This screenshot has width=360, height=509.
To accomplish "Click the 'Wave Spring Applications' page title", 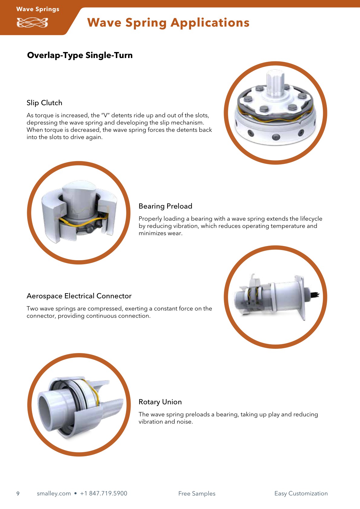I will (x=168, y=23).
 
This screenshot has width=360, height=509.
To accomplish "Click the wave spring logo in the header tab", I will (x=32, y=23).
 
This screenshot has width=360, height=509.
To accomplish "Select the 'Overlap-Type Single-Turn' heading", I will (x=80, y=55).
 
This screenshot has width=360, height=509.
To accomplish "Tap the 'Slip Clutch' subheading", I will (x=44, y=103).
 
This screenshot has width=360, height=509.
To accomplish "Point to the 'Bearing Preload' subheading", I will (x=165, y=206).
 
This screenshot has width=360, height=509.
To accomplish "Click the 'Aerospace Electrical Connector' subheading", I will (x=79, y=296).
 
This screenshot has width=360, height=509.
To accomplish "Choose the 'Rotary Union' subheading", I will (x=160, y=402).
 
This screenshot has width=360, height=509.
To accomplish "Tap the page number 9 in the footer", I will (x=18, y=494).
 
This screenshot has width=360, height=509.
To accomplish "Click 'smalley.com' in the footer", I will (x=54, y=494).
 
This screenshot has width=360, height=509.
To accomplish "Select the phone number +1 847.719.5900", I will (x=104, y=494).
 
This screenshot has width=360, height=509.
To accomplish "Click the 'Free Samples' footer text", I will (x=197, y=494).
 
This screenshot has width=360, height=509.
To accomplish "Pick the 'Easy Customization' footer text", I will (x=301, y=494).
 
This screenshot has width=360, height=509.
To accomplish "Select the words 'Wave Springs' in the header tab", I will (x=38, y=9).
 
